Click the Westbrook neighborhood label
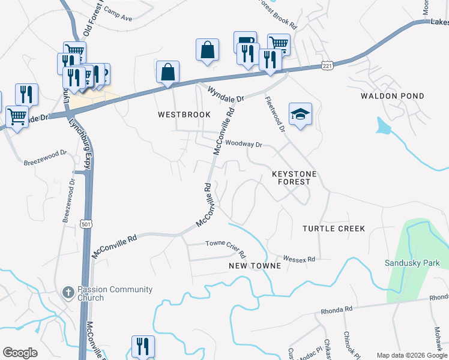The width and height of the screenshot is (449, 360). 184,115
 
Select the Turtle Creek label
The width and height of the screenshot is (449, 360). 334,229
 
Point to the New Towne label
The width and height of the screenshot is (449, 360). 255,265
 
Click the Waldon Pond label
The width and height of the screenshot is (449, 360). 393,96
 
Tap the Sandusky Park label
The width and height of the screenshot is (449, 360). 412,263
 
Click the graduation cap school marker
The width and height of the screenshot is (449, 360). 300,113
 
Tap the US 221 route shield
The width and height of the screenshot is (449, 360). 327,64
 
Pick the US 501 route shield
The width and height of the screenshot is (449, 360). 86,224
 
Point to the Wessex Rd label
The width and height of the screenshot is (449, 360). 299,259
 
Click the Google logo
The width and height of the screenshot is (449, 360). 20,353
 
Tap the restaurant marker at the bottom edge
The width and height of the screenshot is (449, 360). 143,347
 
